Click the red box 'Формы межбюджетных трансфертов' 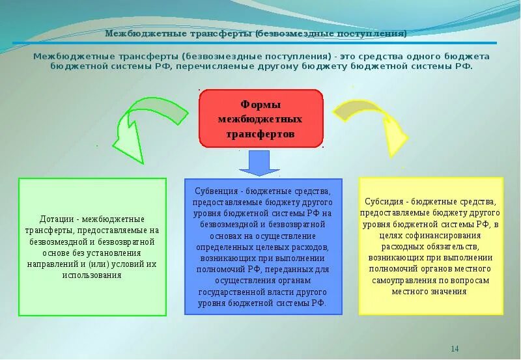[x=260, y=118]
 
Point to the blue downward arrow [x=259, y=162]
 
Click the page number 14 [x=455, y=349]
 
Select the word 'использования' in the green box [x=92, y=275]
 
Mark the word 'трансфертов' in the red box [x=260, y=133]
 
